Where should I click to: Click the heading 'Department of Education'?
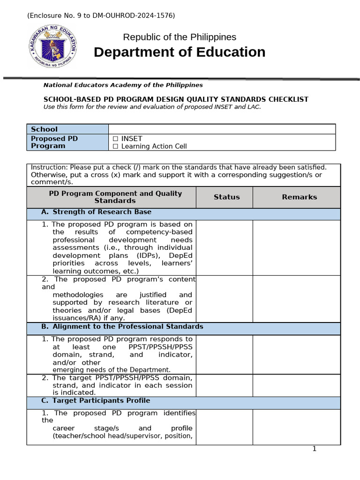coord(180,52)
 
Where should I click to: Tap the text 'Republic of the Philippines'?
coord(180,37)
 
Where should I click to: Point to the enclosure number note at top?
coord(101,15)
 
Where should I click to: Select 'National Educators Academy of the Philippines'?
coord(123,85)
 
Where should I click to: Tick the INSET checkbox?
coord(115,139)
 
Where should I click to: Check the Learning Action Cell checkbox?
coord(115,146)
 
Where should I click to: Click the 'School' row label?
coord(44,129)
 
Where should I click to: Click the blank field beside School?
coord(222,129)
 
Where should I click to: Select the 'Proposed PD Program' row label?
coord(54,142)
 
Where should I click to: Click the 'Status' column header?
coord(226,197)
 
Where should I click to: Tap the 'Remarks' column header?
coord(299,197)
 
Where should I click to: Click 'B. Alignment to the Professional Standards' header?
coord(127,326)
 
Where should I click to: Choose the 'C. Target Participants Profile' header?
coord(101,401)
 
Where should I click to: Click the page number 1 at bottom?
coord(315,449)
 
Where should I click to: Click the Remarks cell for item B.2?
coord(297,385)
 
